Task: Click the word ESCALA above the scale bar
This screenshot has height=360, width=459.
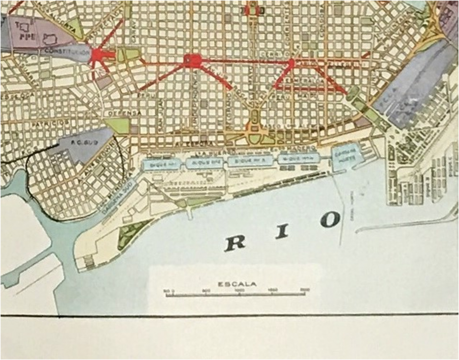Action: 237,284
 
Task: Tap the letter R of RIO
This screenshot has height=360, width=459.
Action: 235,243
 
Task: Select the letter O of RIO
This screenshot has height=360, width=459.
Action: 330,219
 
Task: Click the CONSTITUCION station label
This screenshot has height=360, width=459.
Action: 66,50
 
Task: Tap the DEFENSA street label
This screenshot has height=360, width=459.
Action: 126,112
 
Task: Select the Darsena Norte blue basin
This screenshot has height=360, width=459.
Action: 346,153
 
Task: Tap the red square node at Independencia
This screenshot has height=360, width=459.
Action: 193,60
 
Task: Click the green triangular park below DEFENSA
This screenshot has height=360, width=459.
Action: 118,125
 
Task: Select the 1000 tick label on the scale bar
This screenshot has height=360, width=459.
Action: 240,290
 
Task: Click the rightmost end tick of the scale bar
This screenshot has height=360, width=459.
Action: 305,294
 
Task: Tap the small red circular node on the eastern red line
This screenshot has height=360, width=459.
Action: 291,63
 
